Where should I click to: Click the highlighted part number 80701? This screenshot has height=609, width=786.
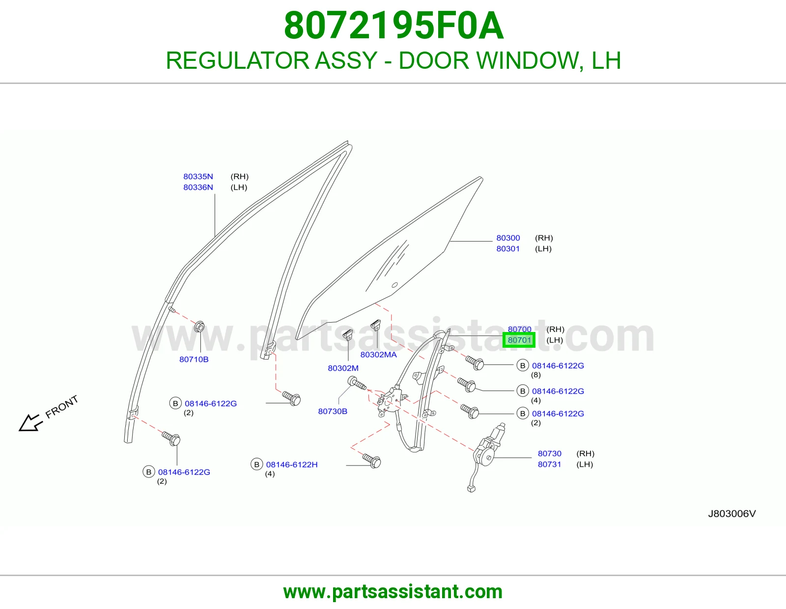(519, 340)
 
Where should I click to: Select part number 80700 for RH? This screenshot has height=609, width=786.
(519, 329)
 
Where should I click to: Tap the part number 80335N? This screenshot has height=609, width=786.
(198, 176)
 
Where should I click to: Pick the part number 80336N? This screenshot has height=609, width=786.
(198, 187)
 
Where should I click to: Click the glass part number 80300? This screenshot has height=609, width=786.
(508, 238)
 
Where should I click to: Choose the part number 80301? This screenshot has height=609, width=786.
(508, 249)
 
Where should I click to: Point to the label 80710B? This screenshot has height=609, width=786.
(194, 360)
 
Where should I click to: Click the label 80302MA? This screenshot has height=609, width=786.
(378, 355)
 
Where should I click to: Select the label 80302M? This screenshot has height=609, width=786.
(343, 368)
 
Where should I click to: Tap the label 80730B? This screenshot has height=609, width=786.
(333, 411)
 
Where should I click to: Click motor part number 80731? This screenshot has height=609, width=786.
(549, 464)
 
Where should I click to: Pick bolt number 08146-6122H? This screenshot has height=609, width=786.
(292, 465)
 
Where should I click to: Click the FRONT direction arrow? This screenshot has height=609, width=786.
(31, 422)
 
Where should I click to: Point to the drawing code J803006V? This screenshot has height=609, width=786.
(732, 514)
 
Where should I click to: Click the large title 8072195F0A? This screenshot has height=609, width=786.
(393, 26)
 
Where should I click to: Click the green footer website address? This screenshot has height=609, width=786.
(393, 592)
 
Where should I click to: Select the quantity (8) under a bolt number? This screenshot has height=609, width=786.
(535, 375)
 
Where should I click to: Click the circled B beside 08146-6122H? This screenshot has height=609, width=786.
(257, 464)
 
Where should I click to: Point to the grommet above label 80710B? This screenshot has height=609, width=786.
(199, 327)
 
